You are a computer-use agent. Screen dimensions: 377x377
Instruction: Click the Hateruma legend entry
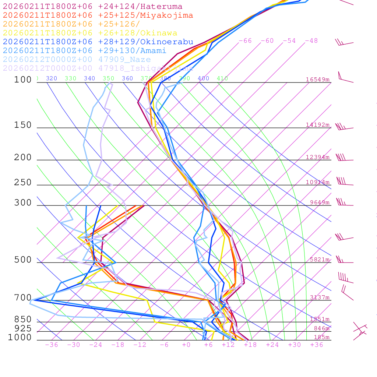(x=92, y=6)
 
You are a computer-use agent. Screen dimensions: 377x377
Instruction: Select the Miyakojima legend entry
(x=98, y=15)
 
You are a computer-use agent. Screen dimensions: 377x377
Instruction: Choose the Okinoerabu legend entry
(x=98, y=42)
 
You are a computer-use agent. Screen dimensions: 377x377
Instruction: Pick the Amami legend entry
(x=84, y=50)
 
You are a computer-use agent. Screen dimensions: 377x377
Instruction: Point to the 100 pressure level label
(x=23, y=80)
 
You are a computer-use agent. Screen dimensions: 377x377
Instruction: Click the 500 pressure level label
(x=23, y=260)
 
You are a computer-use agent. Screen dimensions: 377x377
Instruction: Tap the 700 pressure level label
(x=23, y=297)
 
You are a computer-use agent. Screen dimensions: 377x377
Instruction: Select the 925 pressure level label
(x=23, y=328)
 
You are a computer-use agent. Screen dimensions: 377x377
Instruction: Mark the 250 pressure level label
(x=23, y=183)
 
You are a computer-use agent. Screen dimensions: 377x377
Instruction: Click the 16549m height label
(x=317, y=80)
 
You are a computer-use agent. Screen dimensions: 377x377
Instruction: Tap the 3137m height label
(x=319, y=297)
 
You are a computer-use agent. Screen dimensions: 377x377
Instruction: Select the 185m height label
(x=321, y=337)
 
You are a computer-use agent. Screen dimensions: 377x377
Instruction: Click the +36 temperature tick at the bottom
(x=316, y=345)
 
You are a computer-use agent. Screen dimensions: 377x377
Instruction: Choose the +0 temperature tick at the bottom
(x=186, y=345)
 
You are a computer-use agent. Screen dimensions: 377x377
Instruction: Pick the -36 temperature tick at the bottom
(x=51, y=345)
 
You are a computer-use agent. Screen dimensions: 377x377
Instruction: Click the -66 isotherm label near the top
(x=245, y=40)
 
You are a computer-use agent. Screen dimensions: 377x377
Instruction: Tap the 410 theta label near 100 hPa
(x=222, y=78)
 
